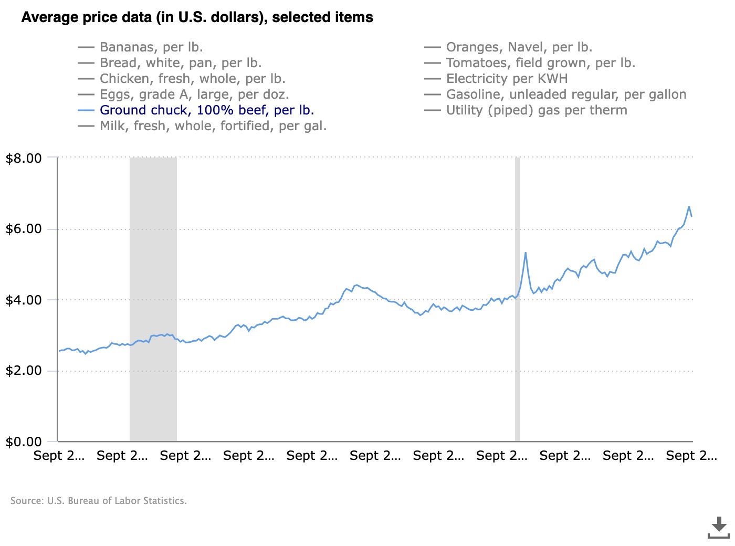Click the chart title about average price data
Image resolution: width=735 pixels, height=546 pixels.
(197, 17)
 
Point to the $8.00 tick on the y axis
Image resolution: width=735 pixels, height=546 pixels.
(24, 158)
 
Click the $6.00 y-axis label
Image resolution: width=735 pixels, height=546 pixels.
(24, 229)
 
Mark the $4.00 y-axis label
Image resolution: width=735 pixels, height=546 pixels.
(24, 300)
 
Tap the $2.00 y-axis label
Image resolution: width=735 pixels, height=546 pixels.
(24, 371)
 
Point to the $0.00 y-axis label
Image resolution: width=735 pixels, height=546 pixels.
(24, 442)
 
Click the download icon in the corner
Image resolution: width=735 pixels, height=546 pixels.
(718, 527)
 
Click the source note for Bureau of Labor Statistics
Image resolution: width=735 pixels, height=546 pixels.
(99, 501)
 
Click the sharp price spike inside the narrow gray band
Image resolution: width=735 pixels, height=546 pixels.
(525, 253)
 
